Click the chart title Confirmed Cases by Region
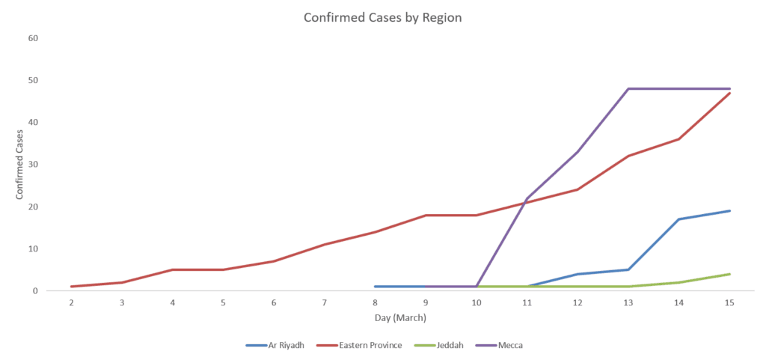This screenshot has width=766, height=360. tap(382, 17)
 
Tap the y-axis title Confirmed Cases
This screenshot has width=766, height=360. tap(20, 164)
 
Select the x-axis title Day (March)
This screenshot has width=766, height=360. tap(401, 319)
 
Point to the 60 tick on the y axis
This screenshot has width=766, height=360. tap(33, 38)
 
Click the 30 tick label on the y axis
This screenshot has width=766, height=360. tap(33, 164)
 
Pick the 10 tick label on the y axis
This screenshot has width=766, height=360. tap(33, 248)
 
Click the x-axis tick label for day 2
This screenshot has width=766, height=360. tap(71, 303)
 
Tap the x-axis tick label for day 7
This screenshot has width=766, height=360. tap(325, 303)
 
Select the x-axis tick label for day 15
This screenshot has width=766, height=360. tap(729, 303)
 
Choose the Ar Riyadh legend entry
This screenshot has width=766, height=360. tap(275, 345)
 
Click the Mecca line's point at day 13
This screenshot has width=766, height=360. tap(628, 89)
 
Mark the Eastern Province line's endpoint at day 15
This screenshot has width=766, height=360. tap(729, 93)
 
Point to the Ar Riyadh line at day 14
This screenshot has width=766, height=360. tap(679, 219)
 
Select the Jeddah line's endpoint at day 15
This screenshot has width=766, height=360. tap(729, 274)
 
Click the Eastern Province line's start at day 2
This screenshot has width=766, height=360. tap(71, 287)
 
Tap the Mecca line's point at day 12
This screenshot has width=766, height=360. tap(577, 152)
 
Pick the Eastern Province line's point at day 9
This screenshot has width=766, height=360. tap(426, 215)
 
